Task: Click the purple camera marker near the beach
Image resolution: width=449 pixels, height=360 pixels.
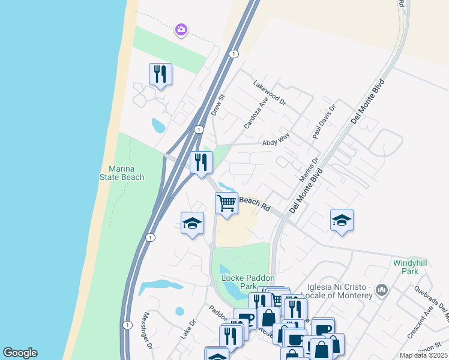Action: [181, 29]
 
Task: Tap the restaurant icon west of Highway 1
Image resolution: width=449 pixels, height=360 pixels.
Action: [160, 74]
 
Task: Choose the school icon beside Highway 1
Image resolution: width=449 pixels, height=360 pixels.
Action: [192, 223]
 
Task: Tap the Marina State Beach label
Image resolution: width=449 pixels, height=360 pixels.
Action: [122, 173]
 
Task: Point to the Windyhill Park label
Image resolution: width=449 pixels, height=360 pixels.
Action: [405, 267]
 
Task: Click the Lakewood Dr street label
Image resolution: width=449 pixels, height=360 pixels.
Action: [270, 93]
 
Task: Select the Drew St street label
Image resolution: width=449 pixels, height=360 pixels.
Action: [217, 104]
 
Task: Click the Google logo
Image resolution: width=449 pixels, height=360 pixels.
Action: [20, 353]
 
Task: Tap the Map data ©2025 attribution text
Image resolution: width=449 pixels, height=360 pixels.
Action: [423, 355]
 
